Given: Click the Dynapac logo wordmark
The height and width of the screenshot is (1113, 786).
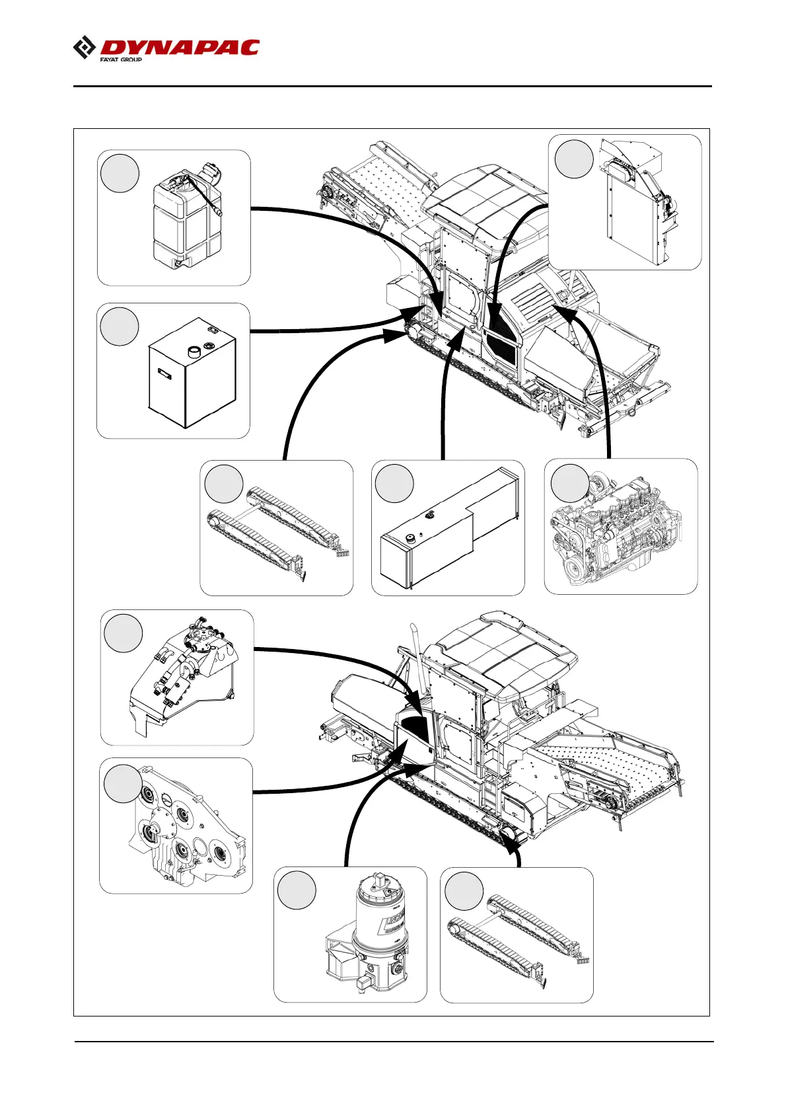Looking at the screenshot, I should (180, 48).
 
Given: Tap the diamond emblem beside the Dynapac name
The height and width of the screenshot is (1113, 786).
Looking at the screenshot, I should (84, 48).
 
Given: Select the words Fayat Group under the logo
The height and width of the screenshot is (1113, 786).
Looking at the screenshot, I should (121, 59).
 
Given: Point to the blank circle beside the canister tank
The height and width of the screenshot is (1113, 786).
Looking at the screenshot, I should (120, 173).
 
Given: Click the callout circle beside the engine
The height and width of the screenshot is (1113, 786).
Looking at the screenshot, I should (569, 483).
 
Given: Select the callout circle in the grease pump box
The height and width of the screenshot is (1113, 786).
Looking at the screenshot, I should (297, 890).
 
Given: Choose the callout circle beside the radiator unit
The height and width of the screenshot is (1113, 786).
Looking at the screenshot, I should (574, 159).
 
